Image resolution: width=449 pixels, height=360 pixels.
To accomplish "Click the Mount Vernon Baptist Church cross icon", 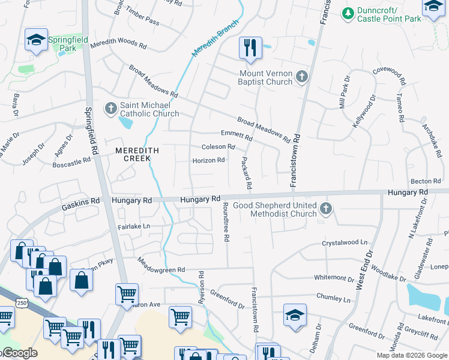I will point(301,77).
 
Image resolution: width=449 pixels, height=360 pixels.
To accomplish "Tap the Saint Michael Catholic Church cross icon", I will point(110,109).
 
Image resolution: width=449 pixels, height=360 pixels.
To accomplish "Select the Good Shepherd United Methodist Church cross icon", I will point(326,209).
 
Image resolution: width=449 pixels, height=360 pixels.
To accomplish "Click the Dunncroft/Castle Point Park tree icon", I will point(348,13).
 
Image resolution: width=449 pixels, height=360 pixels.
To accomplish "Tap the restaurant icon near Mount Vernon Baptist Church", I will point(250,47).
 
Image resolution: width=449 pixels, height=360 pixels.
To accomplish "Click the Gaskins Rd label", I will point(79,205).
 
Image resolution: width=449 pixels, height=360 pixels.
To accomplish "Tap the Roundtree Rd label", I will point(226,222).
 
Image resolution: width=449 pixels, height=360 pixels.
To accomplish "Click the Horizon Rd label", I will point(208,161).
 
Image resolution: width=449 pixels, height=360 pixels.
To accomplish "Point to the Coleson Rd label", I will point(218,146).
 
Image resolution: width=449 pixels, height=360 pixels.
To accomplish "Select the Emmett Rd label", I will point(237,134).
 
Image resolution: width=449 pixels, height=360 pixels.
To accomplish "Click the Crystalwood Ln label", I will point(344,242).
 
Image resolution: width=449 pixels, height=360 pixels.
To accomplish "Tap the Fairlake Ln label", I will point(133,227).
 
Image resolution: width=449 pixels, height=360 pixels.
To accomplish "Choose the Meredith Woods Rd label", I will point(118,45).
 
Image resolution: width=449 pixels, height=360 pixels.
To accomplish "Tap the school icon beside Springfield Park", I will point(36,40).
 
